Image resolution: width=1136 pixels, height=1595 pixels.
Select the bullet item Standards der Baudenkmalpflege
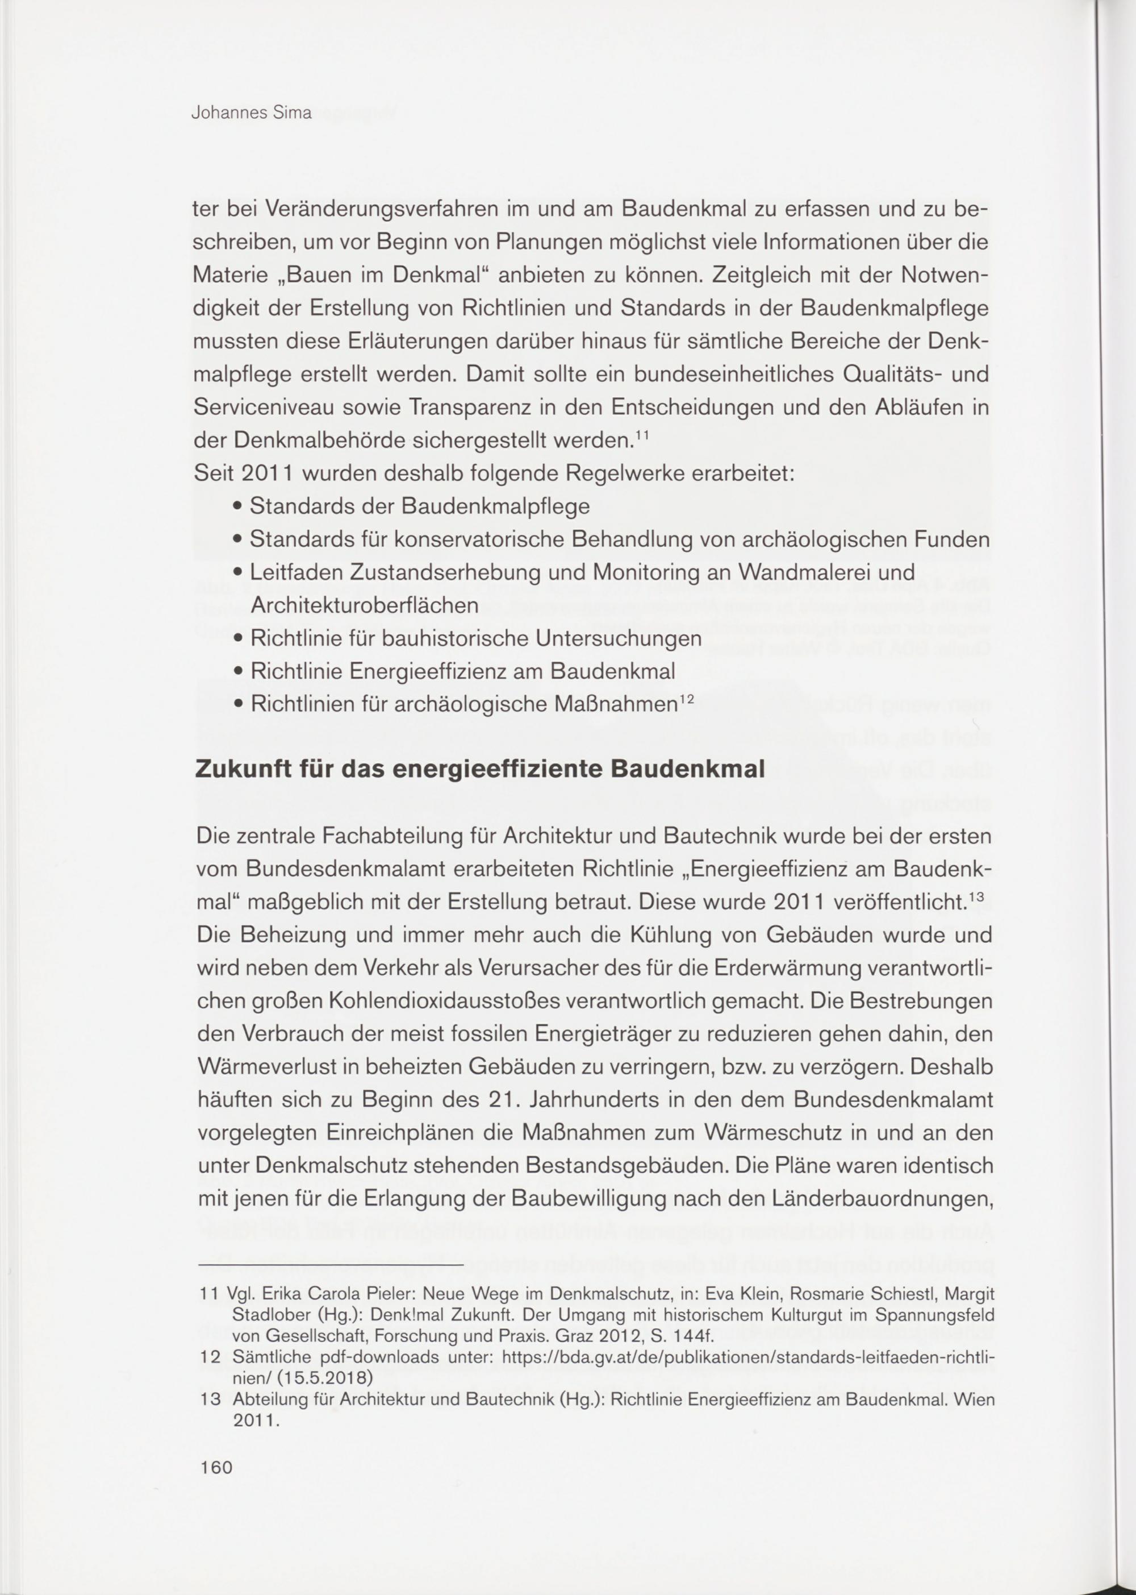tap(420, 506)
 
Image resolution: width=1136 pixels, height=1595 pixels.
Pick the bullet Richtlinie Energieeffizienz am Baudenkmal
tap(462, 672)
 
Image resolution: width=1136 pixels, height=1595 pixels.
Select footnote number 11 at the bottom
tap(208, 1293)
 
